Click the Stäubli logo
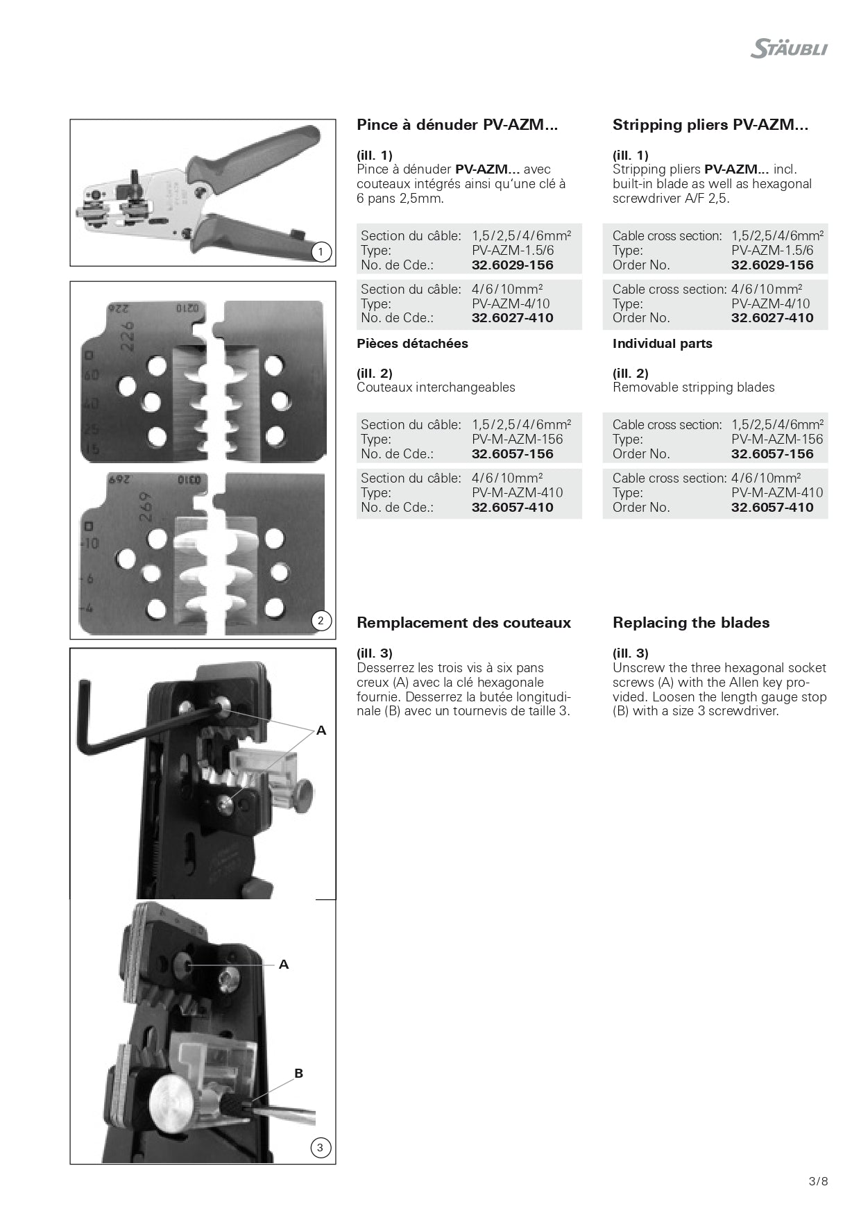coord(789,49)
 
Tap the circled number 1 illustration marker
coord(321,251)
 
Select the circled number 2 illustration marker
coord(320,620)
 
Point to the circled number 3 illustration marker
coord(320,1147)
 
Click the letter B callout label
coord(299,1073)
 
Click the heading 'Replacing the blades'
coord(691,622)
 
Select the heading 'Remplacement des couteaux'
coord(463,622)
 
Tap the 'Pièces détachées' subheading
coord(412,343)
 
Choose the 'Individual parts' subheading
coord(662,343)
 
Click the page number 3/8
coord(818,1181)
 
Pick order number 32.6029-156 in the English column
coord(772,265)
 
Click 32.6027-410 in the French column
coord(513,318)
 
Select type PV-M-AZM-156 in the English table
coord(777,439)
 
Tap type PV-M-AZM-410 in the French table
coord(518,492)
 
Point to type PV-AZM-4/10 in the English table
coord(771,303)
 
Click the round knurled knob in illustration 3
coord(173,1103)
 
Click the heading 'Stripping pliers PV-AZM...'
coord(710,125)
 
